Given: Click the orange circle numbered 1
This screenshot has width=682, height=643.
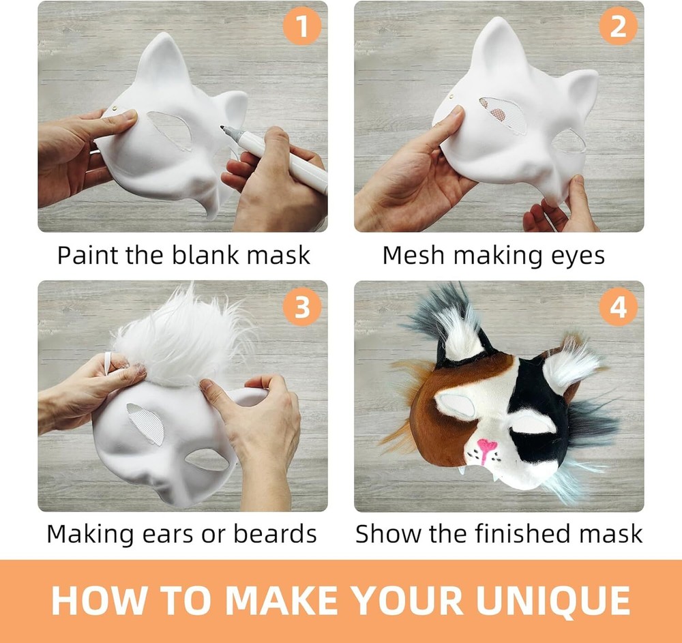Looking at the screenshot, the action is [x=302, y=26].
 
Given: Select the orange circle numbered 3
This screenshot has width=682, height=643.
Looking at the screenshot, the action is [x=302, y=307].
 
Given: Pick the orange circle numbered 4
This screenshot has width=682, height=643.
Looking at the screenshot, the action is [x=618, y=307].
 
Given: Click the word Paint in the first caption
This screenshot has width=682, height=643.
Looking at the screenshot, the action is [x=88, y=255].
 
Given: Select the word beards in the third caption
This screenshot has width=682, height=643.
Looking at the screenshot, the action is [x=275, y=533].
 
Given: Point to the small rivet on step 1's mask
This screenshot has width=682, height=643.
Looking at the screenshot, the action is [x=115, y=108].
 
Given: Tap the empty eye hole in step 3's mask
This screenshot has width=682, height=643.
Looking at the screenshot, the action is [x=207, y=459].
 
